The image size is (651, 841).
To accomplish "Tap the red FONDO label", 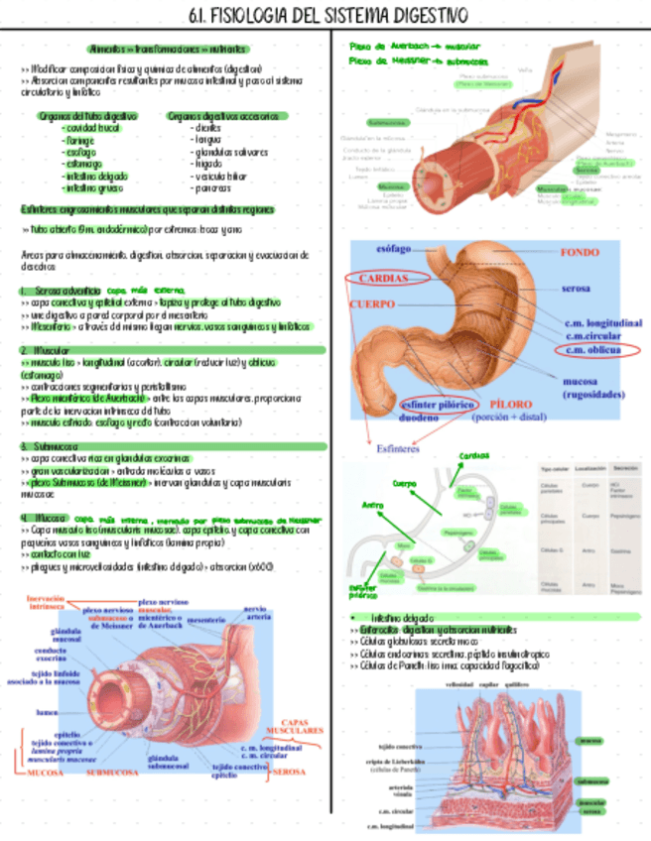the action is click(579, 253).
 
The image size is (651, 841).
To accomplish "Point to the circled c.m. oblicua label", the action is click(593, 349).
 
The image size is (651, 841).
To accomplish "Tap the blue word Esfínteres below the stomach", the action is click(400, 447).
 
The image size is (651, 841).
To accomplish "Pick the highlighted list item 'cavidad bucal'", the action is click(90, 128).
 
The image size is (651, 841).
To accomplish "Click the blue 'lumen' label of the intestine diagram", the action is click(46, 711).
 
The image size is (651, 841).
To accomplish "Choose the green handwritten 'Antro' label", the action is click(374, 504).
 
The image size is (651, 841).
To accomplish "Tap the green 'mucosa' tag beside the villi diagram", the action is click(590, 739).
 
